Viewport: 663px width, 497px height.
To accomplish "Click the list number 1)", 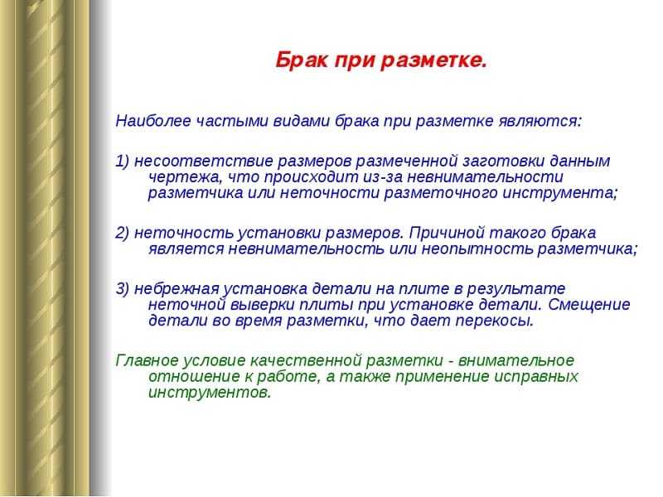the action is point(123,162).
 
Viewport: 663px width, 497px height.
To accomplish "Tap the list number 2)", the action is point(123,234).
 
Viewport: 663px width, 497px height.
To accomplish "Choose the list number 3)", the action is point(123,289).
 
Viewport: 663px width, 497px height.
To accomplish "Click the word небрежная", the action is point(177,289).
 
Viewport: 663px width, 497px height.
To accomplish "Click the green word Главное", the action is point(148,361).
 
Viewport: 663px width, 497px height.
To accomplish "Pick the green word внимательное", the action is point(516,361).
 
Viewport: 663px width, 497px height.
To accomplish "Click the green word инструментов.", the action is point(210,393).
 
